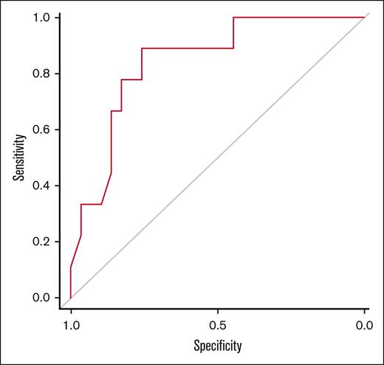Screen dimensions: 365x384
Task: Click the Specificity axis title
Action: pos(218,345)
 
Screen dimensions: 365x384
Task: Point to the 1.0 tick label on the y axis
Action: pos(40,17)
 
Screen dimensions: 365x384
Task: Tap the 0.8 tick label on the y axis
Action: pos(40,73)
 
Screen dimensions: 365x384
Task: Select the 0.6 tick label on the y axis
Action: pos(40,129)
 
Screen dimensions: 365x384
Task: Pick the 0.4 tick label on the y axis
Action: pos(40,185)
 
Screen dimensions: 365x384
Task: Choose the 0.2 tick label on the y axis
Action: pos(40,242)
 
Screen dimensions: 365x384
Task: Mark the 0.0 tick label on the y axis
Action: pos(40,298)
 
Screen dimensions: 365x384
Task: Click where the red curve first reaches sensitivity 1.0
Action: pos(233,17)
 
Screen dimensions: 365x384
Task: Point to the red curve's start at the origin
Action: pos(71,298)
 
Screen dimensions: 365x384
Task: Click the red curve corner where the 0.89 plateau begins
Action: pos(142,48)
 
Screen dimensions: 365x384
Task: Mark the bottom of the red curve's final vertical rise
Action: pos(233,48)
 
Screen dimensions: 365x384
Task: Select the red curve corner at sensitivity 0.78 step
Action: pos(121,79)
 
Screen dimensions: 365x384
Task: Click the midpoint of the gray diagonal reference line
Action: pos(218,157)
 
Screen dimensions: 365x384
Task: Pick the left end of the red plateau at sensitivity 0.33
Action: pos(80,204)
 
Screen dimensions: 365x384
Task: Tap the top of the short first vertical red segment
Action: pos(71,267)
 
